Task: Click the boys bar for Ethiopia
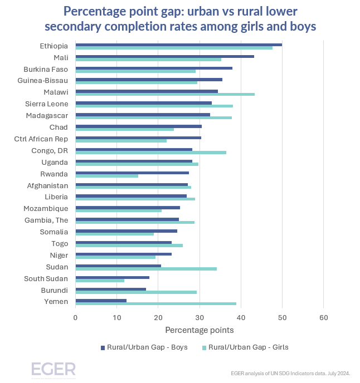(178, 45)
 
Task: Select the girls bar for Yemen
(155, 304)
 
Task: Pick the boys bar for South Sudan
(112, 277)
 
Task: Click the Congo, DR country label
(50, 151)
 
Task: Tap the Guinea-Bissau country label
(47, 81)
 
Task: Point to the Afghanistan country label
(47, 185)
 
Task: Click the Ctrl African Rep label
(41, 139)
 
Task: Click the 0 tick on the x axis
(75, 318)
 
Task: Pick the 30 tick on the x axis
(200, 318)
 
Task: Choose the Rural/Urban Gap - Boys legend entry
(144, 347)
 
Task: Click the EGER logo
(53, 370)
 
